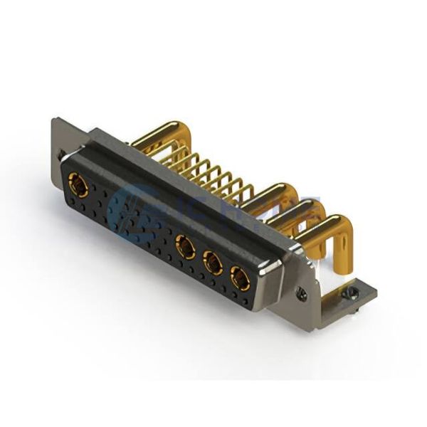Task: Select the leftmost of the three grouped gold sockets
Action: click(186, 248)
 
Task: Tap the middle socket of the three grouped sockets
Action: click(212, 263)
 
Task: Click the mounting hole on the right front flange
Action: click(302, 290)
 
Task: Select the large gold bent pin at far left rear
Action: click(164, 133)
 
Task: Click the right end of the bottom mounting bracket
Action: click(370, 292)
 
